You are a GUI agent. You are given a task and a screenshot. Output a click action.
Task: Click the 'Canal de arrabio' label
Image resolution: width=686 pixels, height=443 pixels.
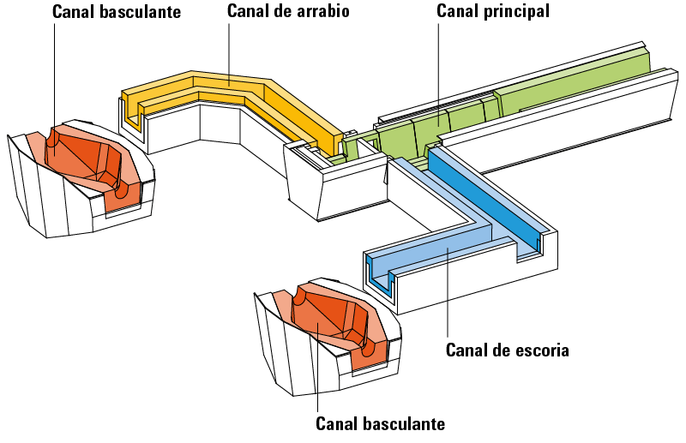click(288, 11)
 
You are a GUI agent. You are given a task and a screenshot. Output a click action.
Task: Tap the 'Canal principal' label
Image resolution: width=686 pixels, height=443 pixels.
click(492, 11)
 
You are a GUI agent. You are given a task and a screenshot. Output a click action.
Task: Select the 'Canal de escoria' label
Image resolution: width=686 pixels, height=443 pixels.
click(508, 350)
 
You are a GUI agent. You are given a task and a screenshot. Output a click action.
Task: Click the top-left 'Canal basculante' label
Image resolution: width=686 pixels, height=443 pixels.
click(117, 11)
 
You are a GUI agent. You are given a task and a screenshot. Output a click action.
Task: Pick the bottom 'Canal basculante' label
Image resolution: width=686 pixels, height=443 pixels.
click(380, 423)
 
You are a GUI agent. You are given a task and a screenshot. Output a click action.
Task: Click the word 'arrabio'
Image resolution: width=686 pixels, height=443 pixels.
click(323, 11)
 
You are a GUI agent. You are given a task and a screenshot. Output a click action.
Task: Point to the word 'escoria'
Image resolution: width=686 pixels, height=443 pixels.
click(543, 350)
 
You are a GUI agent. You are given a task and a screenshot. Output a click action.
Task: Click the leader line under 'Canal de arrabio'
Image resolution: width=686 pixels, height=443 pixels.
click(229, 52)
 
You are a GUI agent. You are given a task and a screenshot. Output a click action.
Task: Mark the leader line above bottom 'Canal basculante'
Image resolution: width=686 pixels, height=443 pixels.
click(318, 368)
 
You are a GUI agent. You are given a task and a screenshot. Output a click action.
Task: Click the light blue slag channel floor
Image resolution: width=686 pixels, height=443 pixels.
click(437, 245)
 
